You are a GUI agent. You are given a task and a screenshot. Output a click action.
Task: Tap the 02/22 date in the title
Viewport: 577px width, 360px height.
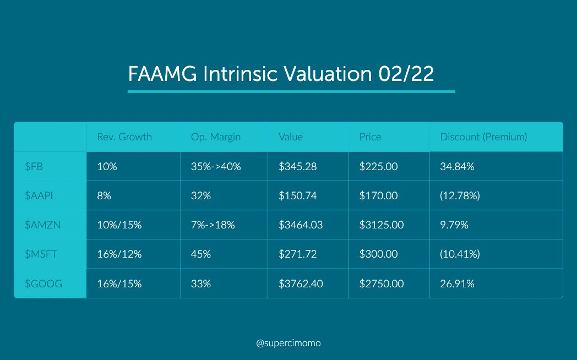[x=406, y=74]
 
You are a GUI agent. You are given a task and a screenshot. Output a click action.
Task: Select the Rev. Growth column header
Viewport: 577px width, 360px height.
[x=124, y=137]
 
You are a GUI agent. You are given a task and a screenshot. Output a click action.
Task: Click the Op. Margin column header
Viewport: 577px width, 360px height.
[x=216, y=137]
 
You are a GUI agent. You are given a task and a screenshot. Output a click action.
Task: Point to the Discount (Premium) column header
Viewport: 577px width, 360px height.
[x=483, y=137]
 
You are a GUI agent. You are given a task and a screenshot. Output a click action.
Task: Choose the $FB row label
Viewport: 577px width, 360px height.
[x=34, y=167]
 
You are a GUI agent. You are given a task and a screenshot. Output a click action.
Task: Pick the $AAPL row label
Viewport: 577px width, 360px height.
[x=40, y=195]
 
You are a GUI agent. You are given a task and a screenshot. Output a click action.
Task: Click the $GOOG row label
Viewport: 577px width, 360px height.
[x=43, y=283]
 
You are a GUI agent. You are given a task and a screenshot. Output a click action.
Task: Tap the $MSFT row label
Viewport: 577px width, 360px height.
[x=41, y=254]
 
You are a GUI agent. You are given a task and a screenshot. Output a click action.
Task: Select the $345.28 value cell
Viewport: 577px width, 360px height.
[x=298, y=167]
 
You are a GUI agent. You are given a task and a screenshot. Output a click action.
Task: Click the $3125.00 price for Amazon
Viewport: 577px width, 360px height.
[x=382, y=225]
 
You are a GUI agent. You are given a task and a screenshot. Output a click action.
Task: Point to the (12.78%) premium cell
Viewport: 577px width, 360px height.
[x=460, y=195]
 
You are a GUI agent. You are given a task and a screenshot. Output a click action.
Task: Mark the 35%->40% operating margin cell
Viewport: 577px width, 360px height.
[x=216, y=167]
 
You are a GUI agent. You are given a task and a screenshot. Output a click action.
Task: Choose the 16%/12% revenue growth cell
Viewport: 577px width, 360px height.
[x=119, y=254]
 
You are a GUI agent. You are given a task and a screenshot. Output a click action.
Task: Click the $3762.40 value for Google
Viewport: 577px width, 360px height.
[x=301, y=283]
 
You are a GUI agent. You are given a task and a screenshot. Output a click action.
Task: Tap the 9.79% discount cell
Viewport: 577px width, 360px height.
[x=454, y=225]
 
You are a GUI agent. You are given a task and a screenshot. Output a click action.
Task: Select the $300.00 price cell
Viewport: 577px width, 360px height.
[x=379, y=254]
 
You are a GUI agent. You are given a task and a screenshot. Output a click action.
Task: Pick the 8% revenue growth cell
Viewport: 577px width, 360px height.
[x=104, y=195]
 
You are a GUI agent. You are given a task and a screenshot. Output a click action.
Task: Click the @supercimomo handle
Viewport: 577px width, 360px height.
[x=288, y=343]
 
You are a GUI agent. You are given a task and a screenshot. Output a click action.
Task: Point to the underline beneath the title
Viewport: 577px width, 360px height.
[x=291, y=91]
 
